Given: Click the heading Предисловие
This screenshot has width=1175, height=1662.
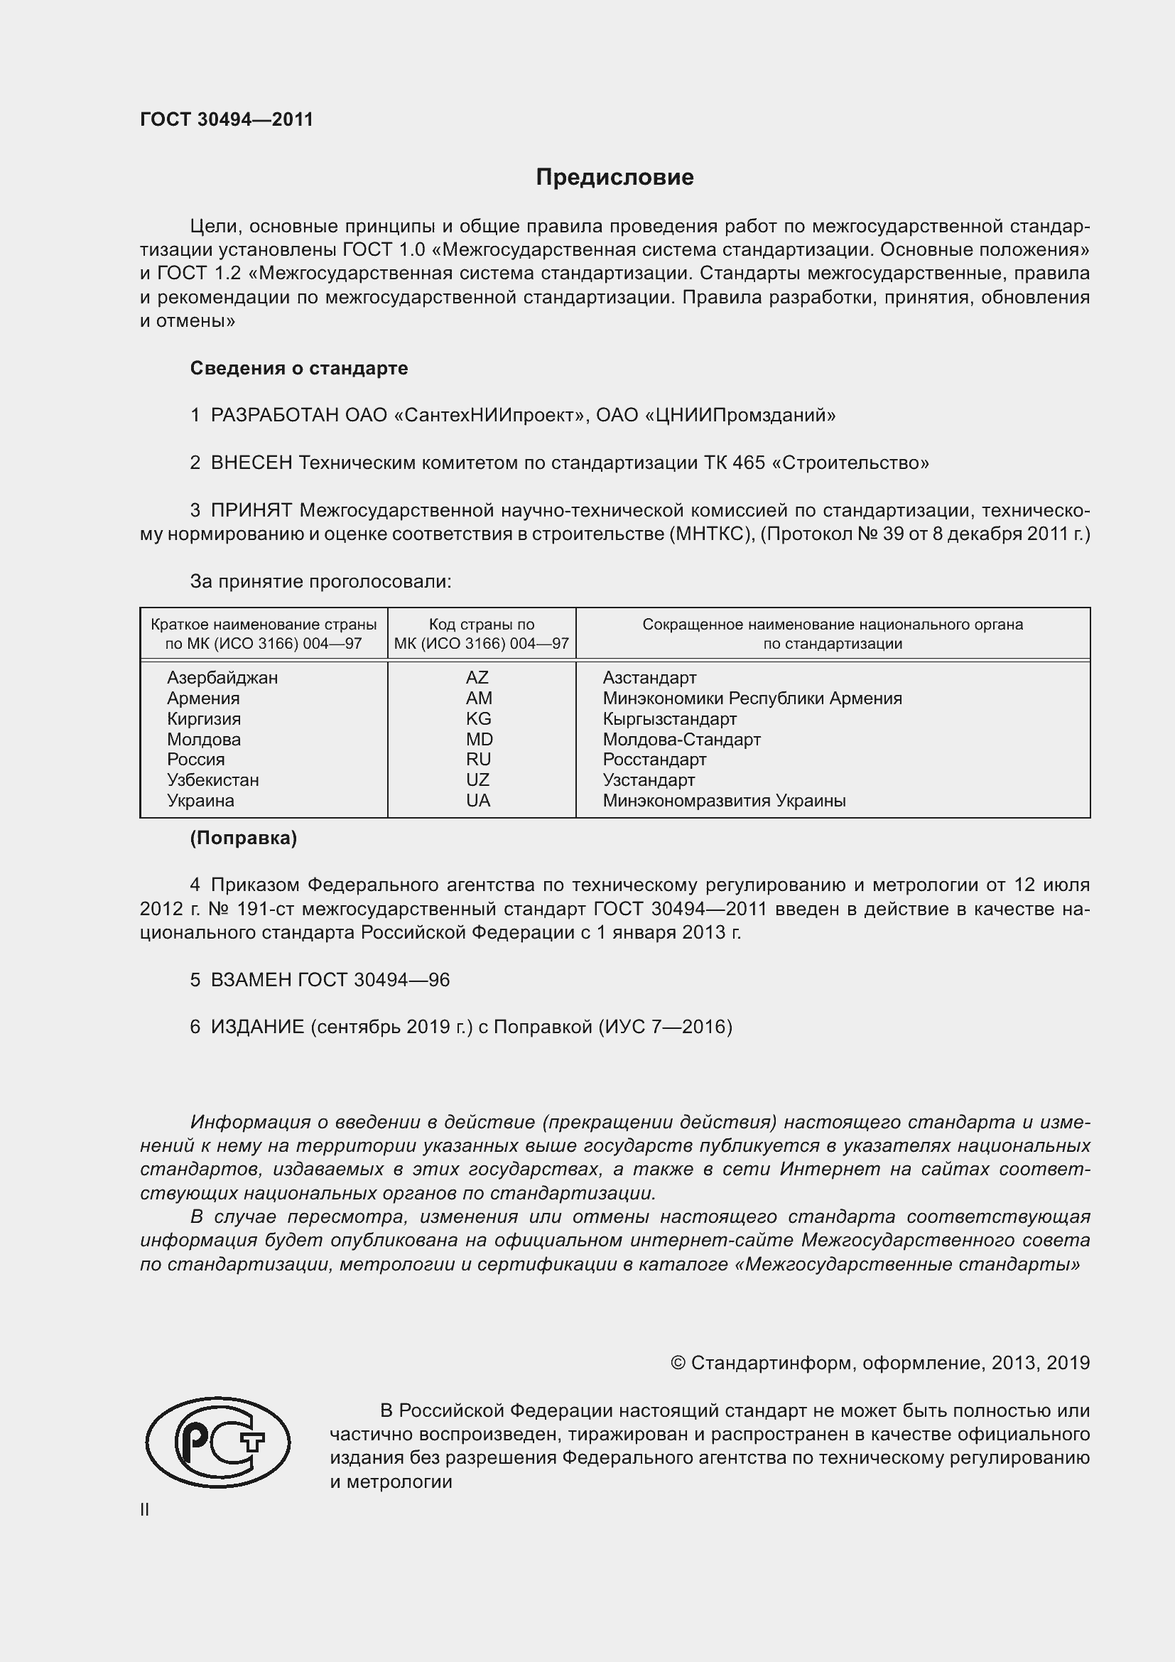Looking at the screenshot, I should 614,178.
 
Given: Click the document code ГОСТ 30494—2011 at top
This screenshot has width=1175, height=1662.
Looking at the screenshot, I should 227,119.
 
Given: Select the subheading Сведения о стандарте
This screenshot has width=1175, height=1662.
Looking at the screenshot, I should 299,369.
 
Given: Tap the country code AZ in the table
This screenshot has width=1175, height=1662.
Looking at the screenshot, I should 477,678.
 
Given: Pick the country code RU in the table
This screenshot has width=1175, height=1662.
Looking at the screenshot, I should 478,760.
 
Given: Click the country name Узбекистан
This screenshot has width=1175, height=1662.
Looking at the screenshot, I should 212,780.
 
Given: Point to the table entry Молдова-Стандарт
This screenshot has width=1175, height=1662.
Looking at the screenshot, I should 681,739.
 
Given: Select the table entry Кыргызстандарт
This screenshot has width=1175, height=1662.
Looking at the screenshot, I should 669,719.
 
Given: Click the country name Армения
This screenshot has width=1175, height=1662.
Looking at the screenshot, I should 203,698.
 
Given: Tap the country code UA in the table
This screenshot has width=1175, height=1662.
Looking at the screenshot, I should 478,801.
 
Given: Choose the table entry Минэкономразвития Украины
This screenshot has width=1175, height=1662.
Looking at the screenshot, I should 724,801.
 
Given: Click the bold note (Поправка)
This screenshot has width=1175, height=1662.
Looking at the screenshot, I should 243,838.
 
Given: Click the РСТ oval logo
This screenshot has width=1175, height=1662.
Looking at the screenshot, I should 218,1442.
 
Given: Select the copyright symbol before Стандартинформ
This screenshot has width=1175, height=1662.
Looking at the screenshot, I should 678,1364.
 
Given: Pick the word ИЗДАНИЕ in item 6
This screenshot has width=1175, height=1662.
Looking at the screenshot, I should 258,1027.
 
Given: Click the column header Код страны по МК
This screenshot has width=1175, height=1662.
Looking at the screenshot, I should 481,634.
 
